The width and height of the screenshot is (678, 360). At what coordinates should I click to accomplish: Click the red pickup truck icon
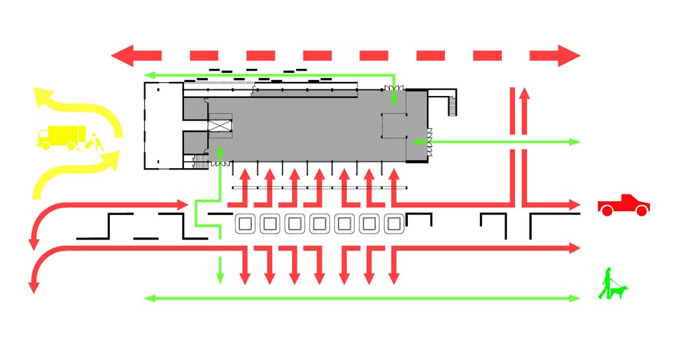pos(623,205)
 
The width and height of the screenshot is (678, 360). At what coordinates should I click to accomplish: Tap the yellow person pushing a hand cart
pos(94,143)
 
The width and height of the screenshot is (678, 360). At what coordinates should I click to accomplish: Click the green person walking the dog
pos(606,283)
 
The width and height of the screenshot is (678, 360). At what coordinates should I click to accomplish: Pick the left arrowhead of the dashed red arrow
pos(123,55)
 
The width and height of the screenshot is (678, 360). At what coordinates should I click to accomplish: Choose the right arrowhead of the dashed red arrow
pos(568,55)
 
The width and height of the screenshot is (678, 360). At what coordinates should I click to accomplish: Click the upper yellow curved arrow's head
pos(44,97)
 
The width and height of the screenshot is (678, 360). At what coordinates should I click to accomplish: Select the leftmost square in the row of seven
pos(245,224)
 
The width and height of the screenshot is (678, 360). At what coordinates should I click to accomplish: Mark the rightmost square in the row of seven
pos(393,224)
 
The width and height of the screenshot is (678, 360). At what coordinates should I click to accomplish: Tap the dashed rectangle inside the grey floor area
pos(394,125)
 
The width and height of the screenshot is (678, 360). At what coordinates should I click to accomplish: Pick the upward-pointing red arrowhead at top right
pos(524,92)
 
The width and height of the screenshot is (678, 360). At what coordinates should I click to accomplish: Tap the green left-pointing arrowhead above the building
pos(150,75)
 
